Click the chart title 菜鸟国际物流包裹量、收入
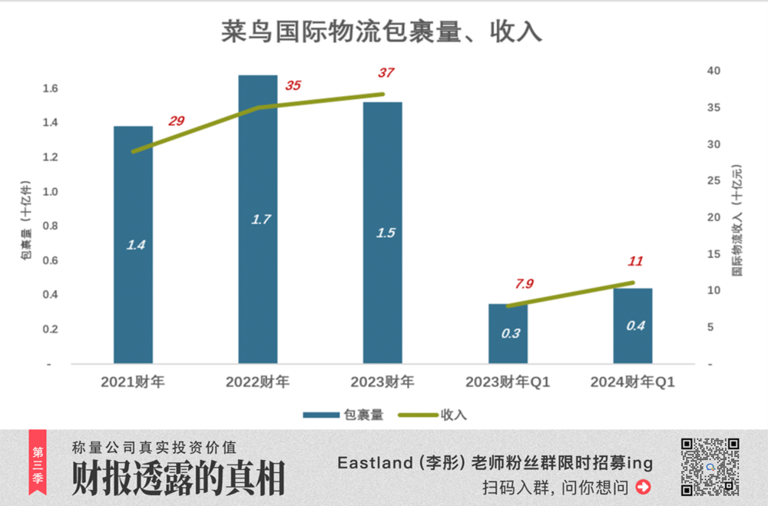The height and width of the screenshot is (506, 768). tap(382, 31)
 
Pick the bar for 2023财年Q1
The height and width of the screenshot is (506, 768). tap(508, 333)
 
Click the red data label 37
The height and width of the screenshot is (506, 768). tap(386, 73)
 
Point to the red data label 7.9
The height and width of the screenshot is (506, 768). tap(525, 284)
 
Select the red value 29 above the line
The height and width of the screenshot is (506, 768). tap(177, 121)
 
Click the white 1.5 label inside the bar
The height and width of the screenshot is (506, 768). tap(385, 233)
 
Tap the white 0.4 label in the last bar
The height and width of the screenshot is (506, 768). tap(635, 326)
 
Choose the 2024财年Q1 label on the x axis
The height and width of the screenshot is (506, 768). tap(632, 382)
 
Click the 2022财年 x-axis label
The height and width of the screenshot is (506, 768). tap(257, 382)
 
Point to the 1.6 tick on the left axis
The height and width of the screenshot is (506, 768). tap(50, 89)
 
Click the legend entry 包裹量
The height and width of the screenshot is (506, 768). tap(343, 415)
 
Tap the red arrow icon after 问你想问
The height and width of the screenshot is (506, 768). tap(644, 487)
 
